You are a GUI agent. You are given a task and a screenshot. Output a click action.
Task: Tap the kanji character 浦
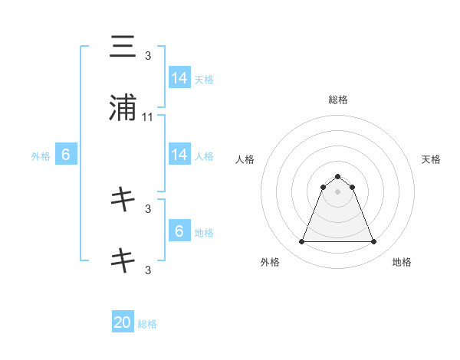pyautogui.click(x=123, y=108)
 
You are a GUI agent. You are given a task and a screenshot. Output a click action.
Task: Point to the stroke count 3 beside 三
pyautogui.click(x=148, y=55)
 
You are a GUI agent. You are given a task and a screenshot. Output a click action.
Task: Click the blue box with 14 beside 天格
pyautogui.click(x=179, y=77)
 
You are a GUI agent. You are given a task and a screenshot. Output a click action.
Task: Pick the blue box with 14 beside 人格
pyautogui.click(x=179, y=155)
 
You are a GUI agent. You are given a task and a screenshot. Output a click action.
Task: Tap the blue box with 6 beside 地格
pyautogui.click(x=179, y=231)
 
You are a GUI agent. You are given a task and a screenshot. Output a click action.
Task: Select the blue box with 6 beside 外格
pyautogui.click(x=66, y=155)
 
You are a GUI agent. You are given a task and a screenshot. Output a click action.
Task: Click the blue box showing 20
pyautogui.click(x=123, y=322)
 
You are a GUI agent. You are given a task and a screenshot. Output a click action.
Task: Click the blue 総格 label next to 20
pyautogui.click(x=147, y=324)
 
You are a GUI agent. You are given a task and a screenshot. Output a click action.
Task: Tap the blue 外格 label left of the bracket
pyautogui.click(x=41, y=156)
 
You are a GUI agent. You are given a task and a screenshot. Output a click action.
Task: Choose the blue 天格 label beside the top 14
pyautogui.click(x=204, y=79)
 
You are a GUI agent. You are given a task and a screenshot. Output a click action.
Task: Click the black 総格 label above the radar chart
pyautogui.click(x=337, y=100)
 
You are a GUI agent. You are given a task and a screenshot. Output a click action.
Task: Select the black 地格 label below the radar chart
pyautogui.click(x=402, y=262)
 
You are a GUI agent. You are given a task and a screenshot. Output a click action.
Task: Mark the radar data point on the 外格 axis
pyautogui.click(x=301, y=242)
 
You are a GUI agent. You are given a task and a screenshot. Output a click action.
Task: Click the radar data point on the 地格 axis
pyautogui.click(x=373, y=242)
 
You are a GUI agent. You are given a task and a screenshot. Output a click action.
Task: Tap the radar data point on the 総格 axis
pyautogui.click(x=337, y=176)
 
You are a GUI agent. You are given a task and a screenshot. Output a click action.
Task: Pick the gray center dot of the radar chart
pyautogui.click(x=337, y=191)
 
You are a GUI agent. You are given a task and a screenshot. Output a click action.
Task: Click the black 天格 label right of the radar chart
pyautogui.click(x=431, y=159)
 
